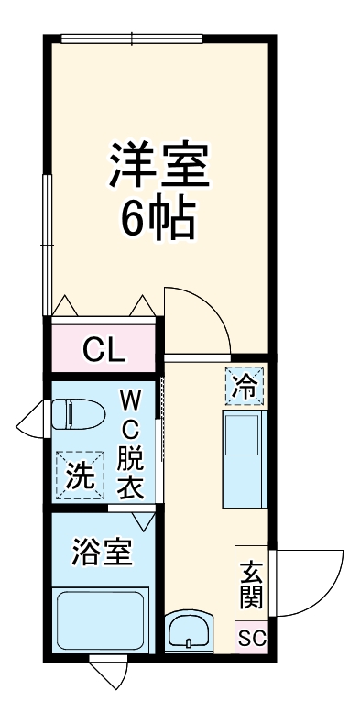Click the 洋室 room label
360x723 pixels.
(x=160, y=165)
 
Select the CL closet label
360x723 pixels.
(x=104, y=348)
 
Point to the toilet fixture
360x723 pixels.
(x=73, y=415)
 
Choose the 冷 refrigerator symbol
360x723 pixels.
(x=245, y=386)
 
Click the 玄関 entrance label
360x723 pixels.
(x=252, y=585)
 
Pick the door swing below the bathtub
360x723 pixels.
(x=108, y=674)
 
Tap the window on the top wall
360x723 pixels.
(x=132, y=38)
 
